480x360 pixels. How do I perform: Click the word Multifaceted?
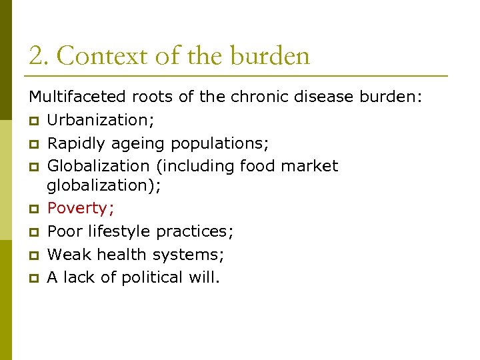78,97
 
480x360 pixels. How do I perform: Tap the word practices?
195,231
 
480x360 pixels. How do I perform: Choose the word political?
157,277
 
